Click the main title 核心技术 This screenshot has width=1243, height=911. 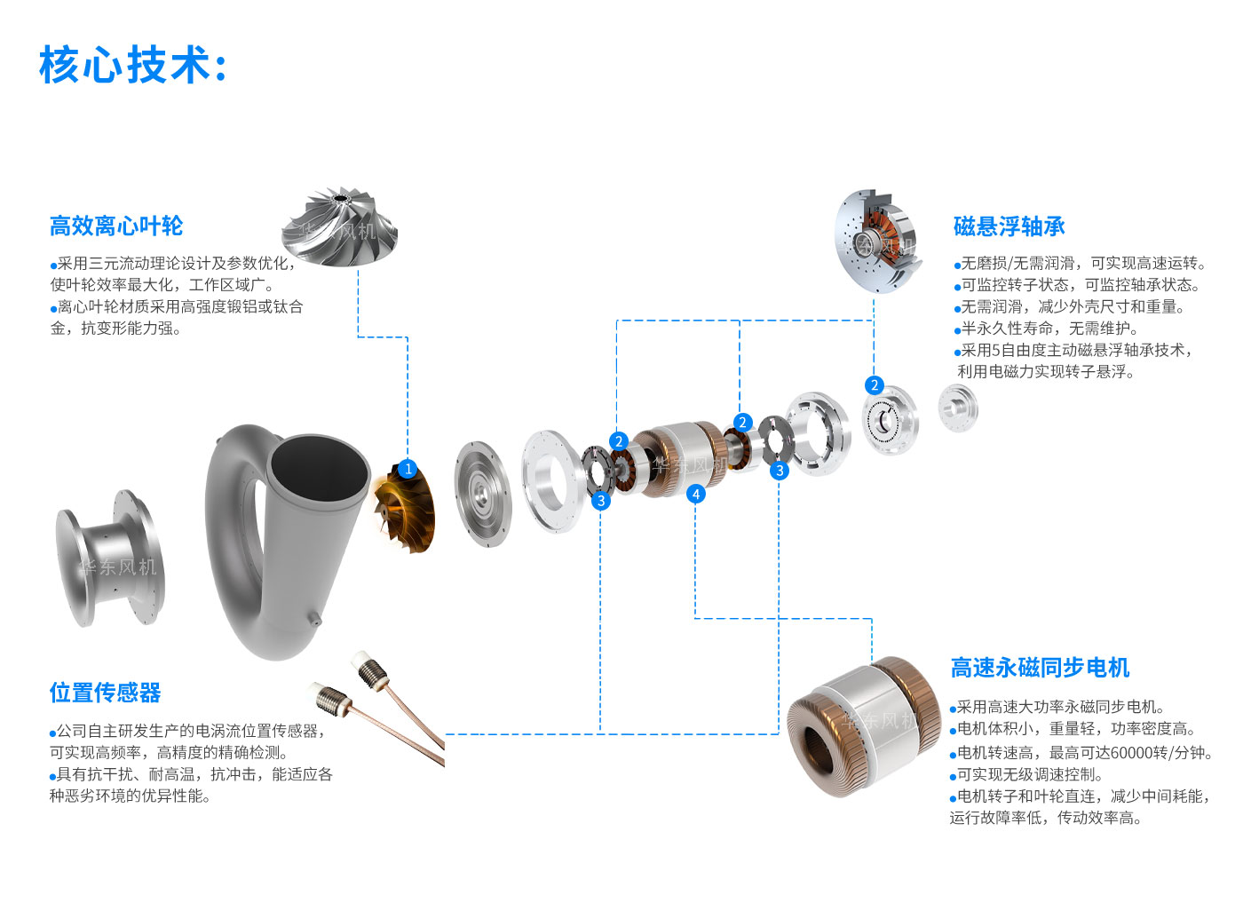tap(125, 65)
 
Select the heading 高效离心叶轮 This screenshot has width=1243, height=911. tap(116, 226)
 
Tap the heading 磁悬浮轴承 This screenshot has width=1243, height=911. tap(1009, 226)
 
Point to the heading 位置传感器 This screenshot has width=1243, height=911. tap(105, 693)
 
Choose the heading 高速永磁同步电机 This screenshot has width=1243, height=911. tap(1040, 668)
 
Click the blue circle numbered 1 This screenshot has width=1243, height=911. tap(408, 469)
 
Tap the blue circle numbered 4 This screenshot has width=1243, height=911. tap(696, 494)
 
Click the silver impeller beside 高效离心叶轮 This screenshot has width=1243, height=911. tap(339, 226)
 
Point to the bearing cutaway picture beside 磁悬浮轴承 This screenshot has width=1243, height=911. tap(878, 241)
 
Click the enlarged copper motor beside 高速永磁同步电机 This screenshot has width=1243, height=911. tap(863, 727)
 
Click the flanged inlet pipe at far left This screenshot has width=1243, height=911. tap(110, 558)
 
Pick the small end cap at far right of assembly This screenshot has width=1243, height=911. tap(958, 408)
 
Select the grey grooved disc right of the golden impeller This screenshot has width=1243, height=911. tap(483, 494)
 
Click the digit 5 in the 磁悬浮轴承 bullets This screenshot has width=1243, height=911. tap(995, 350)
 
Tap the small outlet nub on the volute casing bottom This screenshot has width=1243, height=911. tap(314, 618)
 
